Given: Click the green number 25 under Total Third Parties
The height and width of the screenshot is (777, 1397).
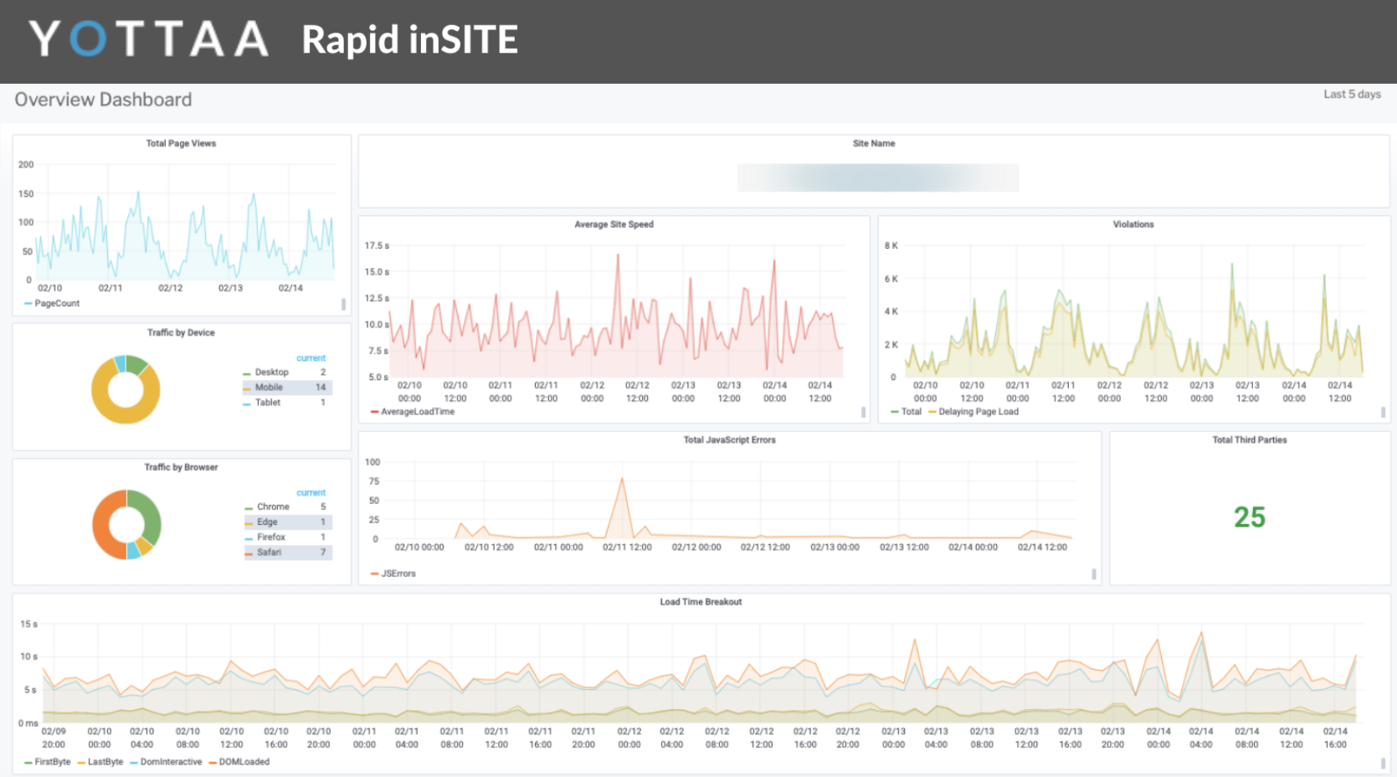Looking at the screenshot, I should (x=1249, y=517).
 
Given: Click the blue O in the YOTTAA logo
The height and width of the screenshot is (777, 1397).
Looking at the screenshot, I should (x=88, y=39).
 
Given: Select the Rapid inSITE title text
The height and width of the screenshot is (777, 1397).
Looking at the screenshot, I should (x=409, y=39).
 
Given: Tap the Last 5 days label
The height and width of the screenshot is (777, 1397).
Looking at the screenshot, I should (x=1351, y=95).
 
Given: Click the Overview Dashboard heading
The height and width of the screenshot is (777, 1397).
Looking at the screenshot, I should (x=103, y=100).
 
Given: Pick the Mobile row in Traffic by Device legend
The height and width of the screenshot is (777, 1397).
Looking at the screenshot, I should (x=270, y=388).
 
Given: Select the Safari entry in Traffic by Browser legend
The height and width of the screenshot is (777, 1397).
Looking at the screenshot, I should (x=270, y=553).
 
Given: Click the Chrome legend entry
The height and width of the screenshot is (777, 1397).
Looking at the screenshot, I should (x=273, y=507).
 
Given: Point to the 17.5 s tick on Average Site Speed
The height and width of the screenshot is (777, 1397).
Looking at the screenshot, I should (x=376, y=246).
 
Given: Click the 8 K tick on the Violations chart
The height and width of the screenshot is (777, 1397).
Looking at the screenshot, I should (x=891, y=246).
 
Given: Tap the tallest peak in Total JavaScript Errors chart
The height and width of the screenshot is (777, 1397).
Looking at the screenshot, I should (x=622, y=480).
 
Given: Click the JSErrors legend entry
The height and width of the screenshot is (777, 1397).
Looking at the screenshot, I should (x=398, y=574).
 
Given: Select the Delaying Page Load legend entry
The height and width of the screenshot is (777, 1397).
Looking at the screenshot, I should (x=978, y=412).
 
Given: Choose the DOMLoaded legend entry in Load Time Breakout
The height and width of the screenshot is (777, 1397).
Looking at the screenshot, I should (x=244, y=762).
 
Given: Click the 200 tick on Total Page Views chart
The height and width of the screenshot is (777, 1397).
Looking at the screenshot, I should (x=26, y=165).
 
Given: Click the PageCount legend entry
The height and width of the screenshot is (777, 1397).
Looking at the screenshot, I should (x=57, y=304).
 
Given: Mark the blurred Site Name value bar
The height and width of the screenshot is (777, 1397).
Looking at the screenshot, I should (x=877, y=178).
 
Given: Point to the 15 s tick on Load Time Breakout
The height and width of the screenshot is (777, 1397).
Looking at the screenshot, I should (x=28, y=625).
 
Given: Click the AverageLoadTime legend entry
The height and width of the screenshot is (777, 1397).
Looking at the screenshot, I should (x=417, y=412).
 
